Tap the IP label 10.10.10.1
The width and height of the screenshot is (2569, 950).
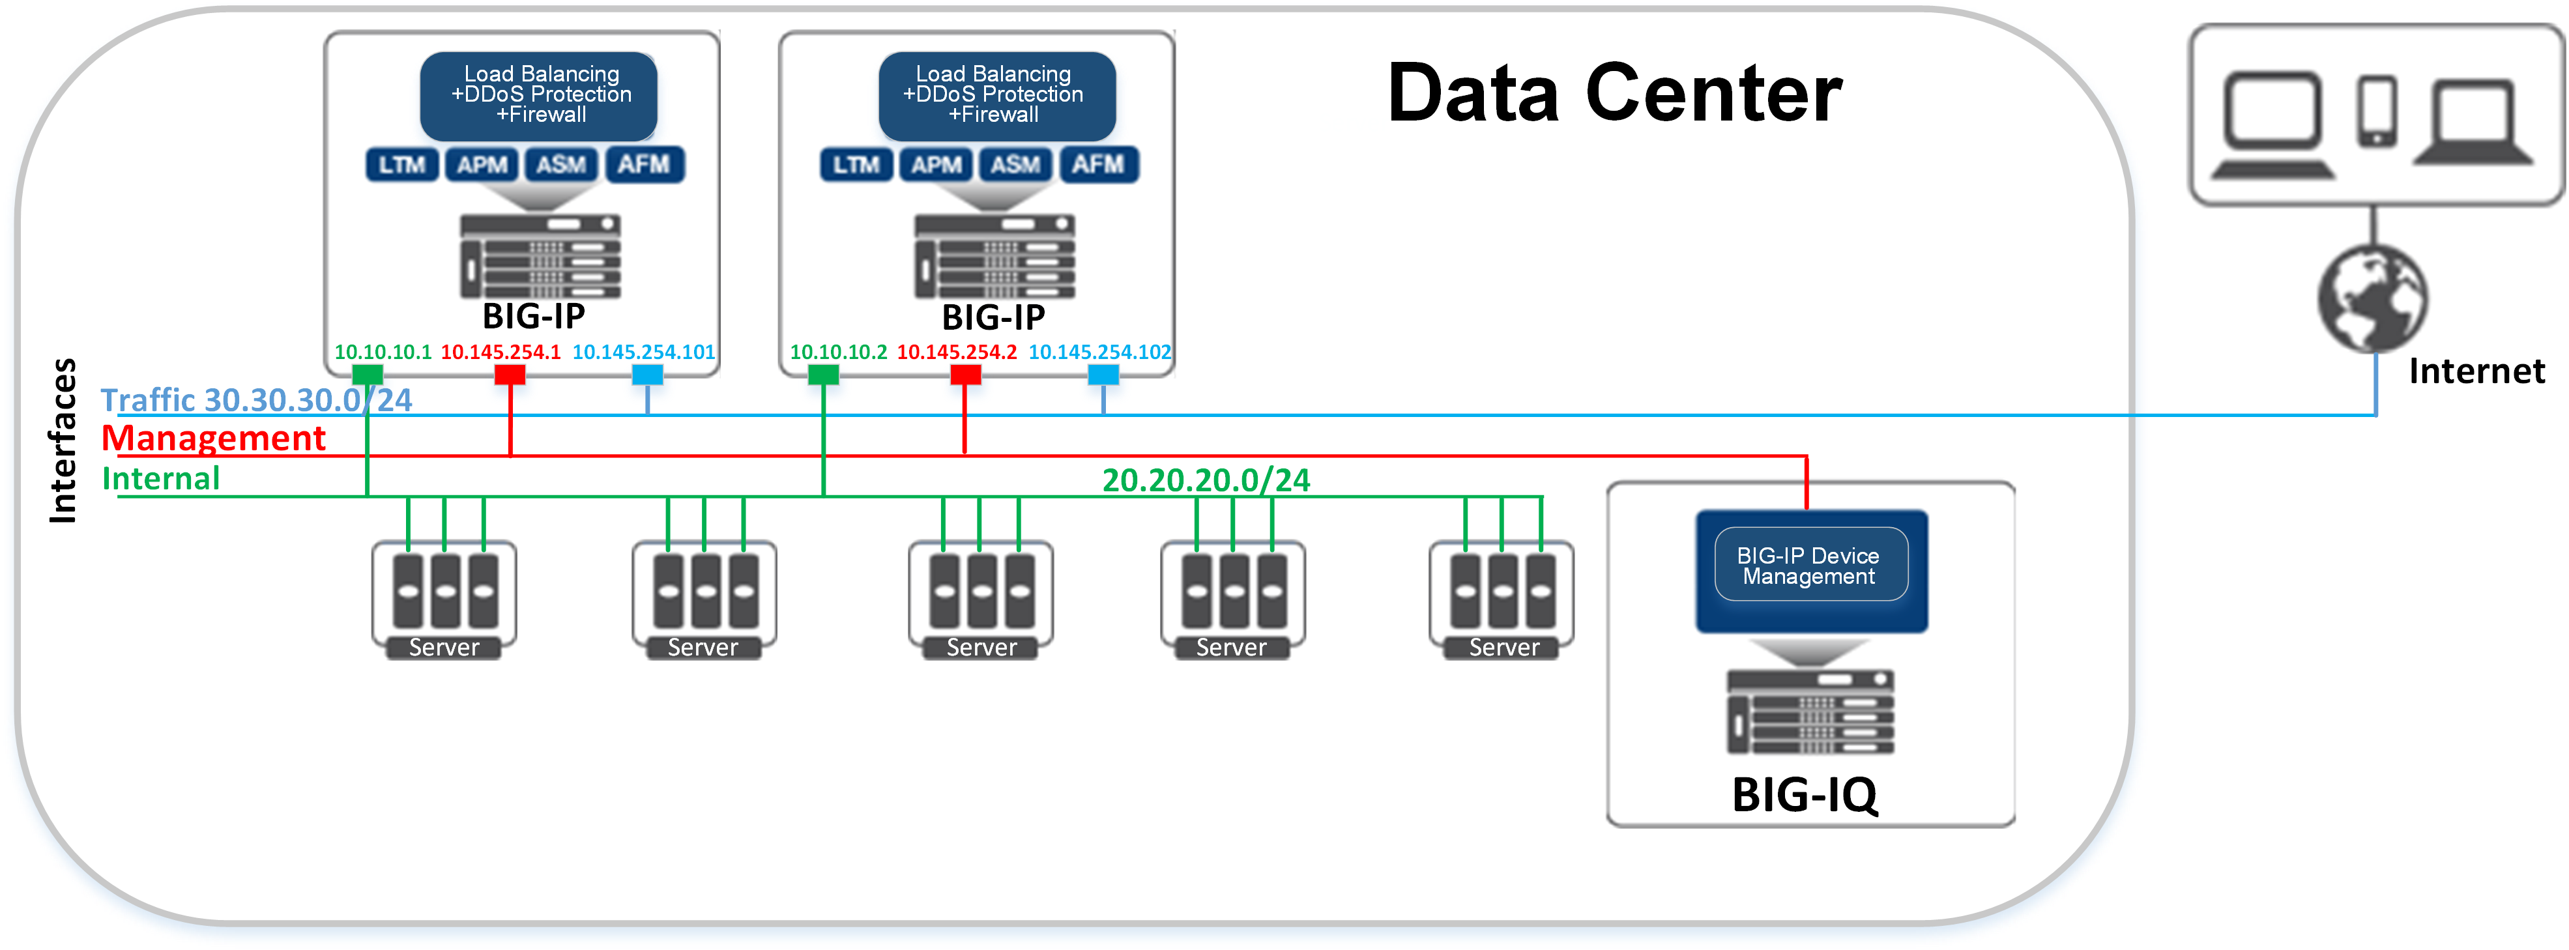tap(383, 352)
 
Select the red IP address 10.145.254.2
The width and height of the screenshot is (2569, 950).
tap(957, 352)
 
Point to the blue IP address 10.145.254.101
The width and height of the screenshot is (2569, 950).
tap(643, 352)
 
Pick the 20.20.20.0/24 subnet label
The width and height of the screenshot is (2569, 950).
tap(1206, 480)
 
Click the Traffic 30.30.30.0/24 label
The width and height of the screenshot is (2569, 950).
tap(256, 399)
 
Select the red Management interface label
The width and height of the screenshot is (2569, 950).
tap(213, 439)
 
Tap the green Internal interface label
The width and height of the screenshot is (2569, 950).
tap(160, 478)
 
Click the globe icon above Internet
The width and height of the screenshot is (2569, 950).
tap(2373, 298)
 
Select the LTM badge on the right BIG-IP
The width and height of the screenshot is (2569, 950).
tap(856, 164)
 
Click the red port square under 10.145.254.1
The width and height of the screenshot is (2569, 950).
tap(510, 375)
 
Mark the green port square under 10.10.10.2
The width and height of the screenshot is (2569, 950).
tap(822, 375)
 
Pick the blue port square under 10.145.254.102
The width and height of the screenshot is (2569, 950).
tap(1103, 375)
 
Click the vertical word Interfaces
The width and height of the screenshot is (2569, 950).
tap(63, 440)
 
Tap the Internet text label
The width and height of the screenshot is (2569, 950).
tap(2476, 371)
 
